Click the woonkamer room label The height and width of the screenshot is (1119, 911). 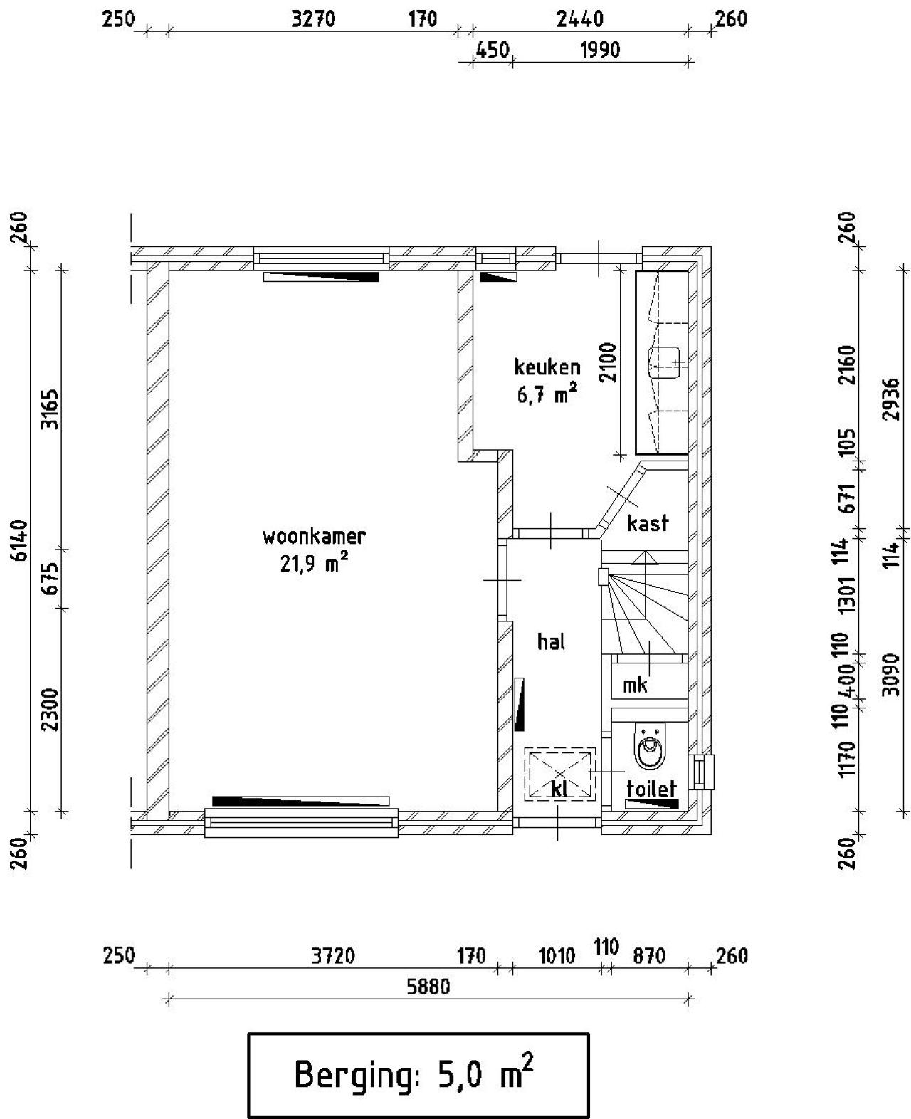pyautogui.click(x=314, y=535)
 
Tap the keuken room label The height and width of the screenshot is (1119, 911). pyautogui.click(x=547, y=367)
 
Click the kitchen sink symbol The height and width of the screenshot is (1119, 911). pyautogui.click(x=666, y=362)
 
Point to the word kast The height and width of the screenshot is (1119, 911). pyautogui.click(x=648, y=523)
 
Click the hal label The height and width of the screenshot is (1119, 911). pyautogui.click(x=552, y=642)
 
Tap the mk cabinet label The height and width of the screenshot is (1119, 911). pyautogui.click(x=635, y=685)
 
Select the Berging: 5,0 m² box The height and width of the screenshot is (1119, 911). pyautogui.click(x=418, y=1075)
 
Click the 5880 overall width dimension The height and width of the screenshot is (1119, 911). pyautogui.click(x=428, y=987)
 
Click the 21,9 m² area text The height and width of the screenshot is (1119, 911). pyautogui.click(x=314, y=564)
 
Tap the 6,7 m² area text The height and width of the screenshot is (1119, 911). pyautogui.click(x=547, y=394)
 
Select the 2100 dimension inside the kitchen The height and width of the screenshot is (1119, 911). pyautogui.click(x=609, y=362)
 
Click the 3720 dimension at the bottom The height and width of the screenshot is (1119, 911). pyautogui.click(x=332, y=956)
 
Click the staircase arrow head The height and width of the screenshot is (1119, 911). pyautogui.click(x=645, y=557)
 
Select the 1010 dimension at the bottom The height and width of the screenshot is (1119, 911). pyautogui.click(x=557, y=956)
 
